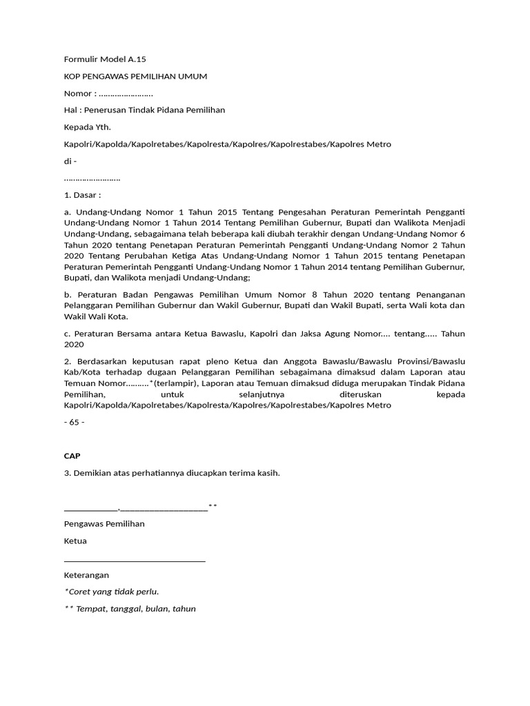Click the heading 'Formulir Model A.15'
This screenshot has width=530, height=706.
pos(105,59)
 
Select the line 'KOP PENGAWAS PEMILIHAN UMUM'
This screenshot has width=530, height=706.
pos(135,77)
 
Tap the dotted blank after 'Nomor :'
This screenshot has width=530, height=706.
pos(126,94)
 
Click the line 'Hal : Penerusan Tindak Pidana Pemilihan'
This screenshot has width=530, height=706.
pos(144,110)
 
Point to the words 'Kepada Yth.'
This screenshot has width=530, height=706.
pos(87,128)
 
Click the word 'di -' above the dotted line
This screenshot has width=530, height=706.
pos(70,161)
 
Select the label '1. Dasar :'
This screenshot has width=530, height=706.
pos(83,195)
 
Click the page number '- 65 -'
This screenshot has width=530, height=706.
pos(74,423)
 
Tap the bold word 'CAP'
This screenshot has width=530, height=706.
pos(72,456)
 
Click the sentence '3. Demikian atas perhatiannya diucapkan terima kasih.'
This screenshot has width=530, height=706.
pos(172,473)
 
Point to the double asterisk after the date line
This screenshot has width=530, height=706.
pos(213,507)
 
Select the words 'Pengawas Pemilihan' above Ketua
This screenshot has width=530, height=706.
pos(104,524)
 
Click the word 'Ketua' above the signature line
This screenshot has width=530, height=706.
pos(75,541)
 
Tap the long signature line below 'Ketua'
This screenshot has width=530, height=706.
pos(135,561)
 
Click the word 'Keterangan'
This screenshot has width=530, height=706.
pos(86,575)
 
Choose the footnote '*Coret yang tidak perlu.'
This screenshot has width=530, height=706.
pos(111,592)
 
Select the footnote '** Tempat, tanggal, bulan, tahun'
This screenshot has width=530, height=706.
pos(130,609)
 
